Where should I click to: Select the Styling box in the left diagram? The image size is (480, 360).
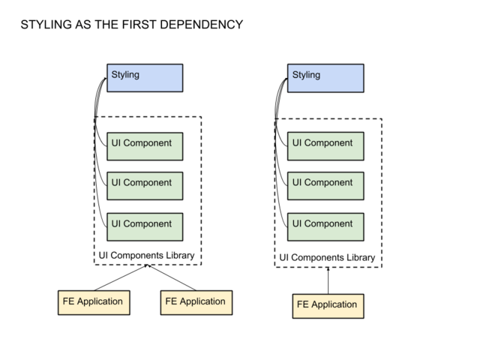pyautogui.click(x=144, y=78)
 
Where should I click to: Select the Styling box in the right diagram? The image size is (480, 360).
pyautogui.click(x=325, y=78)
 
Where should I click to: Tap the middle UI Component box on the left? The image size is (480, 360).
pyautogui.click(x=144, y=184)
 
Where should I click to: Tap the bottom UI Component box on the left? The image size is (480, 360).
pyautogui.click(x=144, y=225)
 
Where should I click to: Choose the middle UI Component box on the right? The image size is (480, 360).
pyautogui.click(x=325, y=184)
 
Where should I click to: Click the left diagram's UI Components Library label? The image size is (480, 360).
pyautogui.click(x=146, y=256)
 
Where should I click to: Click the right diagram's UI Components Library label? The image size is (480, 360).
pyautogui.click(x=327, y=258)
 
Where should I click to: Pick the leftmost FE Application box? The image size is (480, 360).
pyautogui.click(x=93, y=302)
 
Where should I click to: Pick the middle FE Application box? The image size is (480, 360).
pyautogui.click(x=195, y=302)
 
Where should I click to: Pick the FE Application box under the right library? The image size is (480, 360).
pyautogui.click(x=327, y=305)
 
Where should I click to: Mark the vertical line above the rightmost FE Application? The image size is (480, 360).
pyautogui.click(x=328, y=281)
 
